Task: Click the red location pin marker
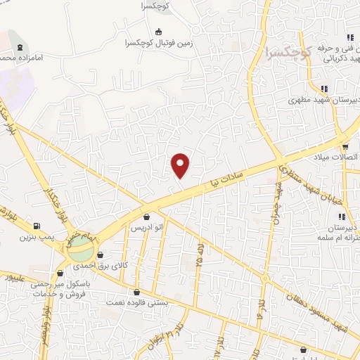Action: point(181,165)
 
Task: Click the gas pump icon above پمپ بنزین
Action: point(36,226)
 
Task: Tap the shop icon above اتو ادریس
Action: point(146,217)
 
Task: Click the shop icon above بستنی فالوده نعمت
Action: point(137,292)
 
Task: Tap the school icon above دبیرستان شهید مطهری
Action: point(323,89)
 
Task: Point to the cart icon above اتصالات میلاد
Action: point(345,146)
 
